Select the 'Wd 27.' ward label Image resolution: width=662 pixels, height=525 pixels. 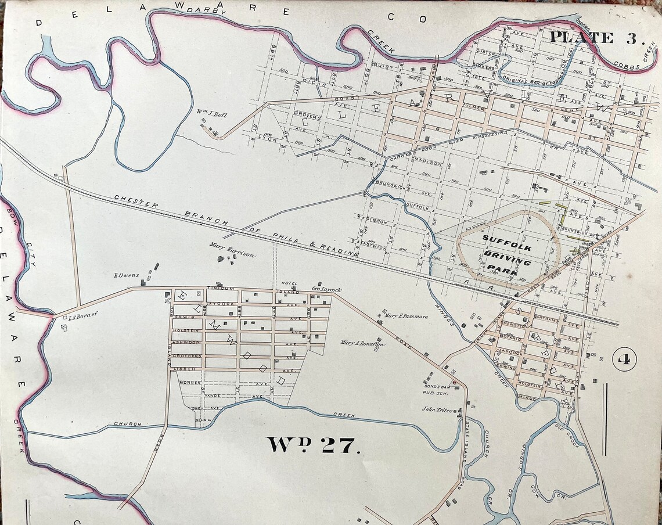(x=314, y=444)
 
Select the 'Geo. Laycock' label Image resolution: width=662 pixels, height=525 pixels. (x=327, y=289)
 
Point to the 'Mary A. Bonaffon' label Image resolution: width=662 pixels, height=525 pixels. (x=362, y=343)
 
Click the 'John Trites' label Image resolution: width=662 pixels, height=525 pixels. (x=437, y=409)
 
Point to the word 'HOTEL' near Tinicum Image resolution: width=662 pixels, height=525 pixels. (x=289, y=283)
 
